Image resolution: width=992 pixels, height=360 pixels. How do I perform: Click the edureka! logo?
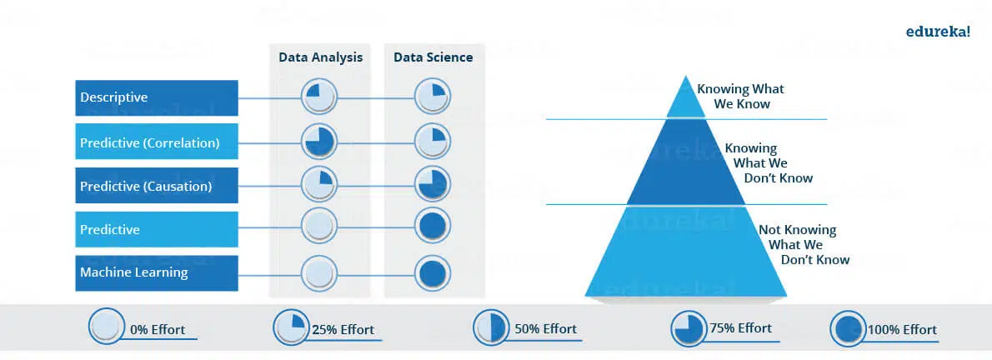pos(938,32)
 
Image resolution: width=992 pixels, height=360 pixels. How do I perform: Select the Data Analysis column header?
pos(321,57)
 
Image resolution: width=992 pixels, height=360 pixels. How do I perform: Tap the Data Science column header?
pos(433,57)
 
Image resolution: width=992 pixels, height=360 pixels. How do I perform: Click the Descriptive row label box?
pos(157,97)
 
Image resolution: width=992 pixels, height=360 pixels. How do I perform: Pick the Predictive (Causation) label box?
pos(157,185)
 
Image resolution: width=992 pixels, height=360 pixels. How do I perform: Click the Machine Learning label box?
pos(157,273)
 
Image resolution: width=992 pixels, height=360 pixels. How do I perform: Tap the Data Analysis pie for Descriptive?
pos(318,97)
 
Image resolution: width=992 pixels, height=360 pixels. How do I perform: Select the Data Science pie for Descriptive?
pos(433,97)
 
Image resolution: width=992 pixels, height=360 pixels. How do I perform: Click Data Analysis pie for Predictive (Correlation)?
pos(318,141)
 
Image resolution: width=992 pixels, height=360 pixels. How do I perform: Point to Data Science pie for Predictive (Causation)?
pos(433,185)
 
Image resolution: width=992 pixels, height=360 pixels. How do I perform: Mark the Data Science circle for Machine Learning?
pos(433,272)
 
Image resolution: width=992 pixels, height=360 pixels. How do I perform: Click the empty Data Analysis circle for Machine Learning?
pos(318,272)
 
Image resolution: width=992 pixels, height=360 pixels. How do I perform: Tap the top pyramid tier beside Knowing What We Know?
pos(686,100)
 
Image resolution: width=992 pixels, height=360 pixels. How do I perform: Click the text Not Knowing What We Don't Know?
pos(804,245)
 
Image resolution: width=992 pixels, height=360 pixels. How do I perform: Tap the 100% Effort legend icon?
pos(848,329)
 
